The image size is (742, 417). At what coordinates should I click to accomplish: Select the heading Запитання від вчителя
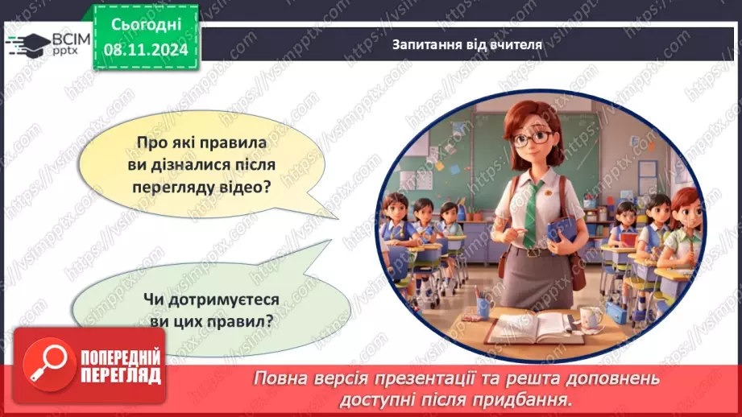(x=467, y=45)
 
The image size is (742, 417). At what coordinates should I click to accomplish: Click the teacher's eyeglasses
(x=528, y=138)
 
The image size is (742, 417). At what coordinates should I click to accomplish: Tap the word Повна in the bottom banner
(x=283, y=378)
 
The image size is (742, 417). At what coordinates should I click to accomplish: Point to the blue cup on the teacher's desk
(x=483, y=305)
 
